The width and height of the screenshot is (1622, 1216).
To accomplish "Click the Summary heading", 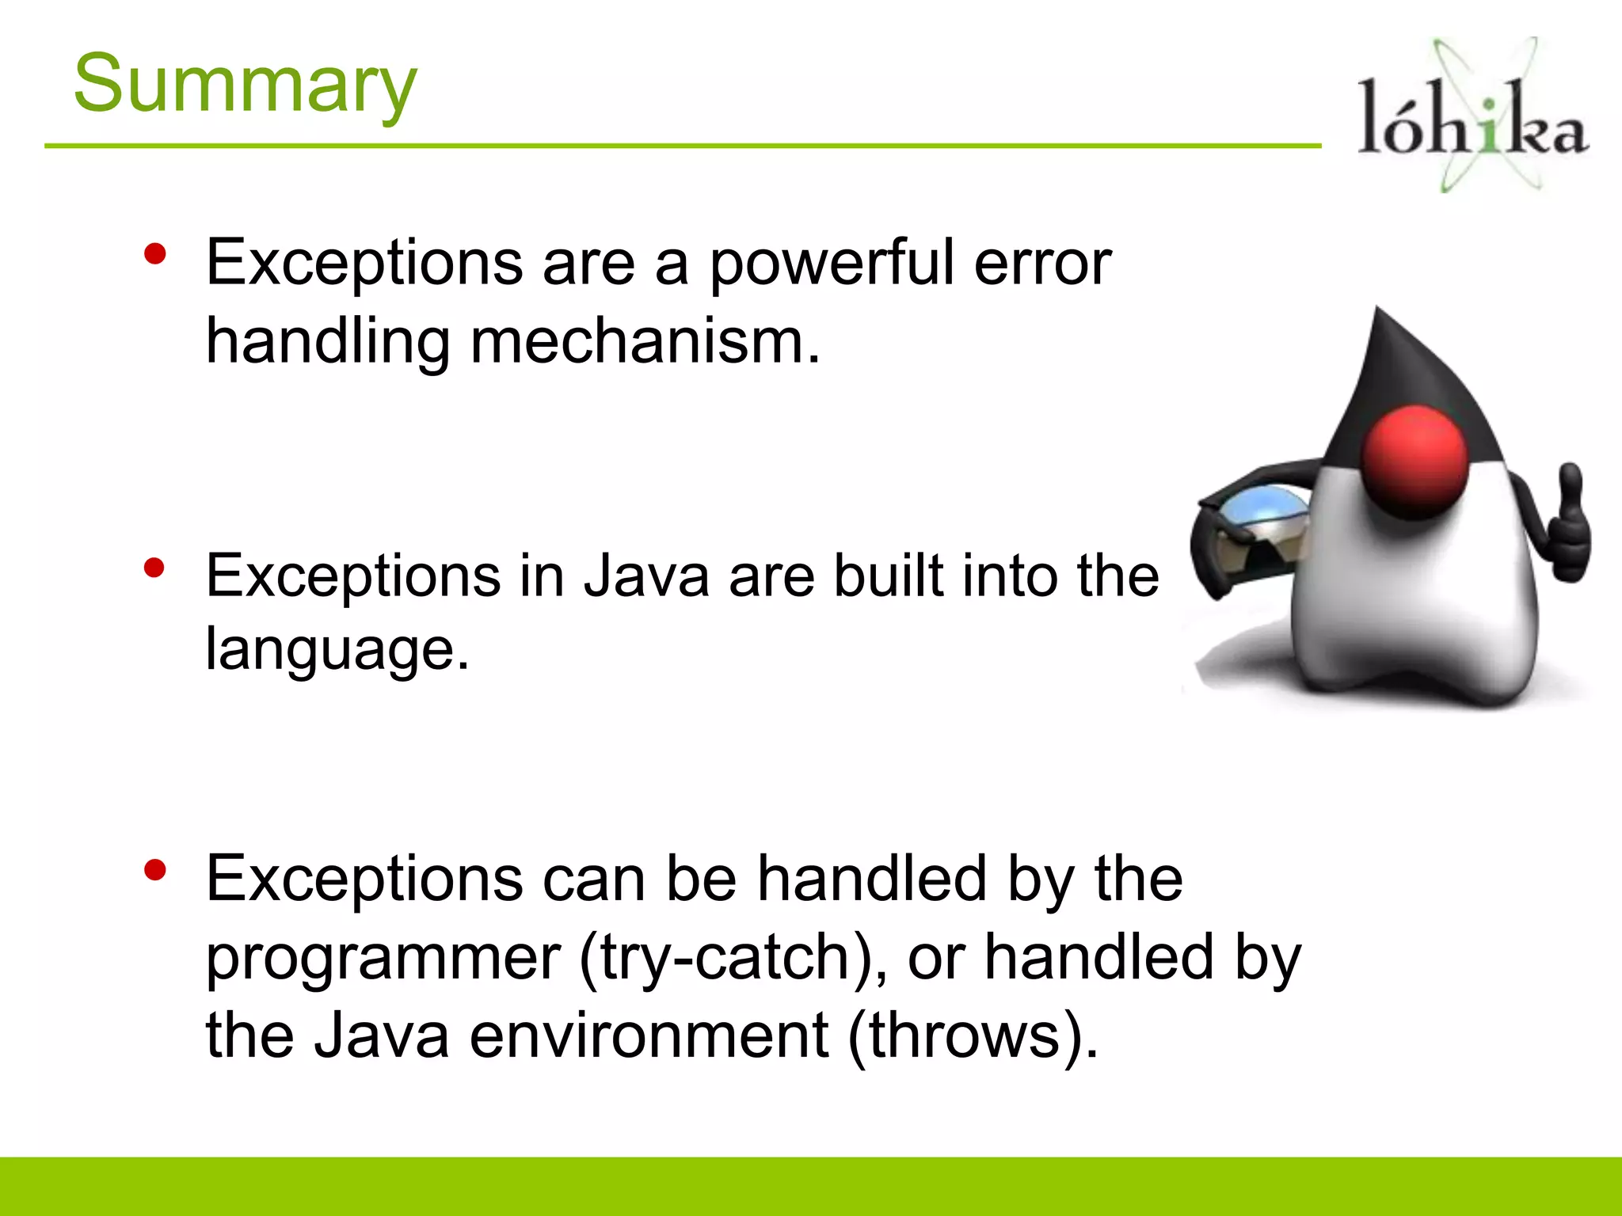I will coord(245,84).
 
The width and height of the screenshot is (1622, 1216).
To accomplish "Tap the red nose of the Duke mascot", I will coord(1415,462).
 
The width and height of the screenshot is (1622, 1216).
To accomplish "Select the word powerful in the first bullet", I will coord(831,264).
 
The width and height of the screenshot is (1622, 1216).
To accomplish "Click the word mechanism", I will coord(645,342).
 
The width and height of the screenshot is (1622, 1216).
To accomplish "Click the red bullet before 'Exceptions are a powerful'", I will coord(155,254).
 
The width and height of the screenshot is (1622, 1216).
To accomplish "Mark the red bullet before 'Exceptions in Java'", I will coord(154,568).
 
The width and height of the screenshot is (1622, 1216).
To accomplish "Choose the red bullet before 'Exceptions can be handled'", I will coord(155,870).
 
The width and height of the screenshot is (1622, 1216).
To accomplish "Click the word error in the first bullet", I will coord(1042,264).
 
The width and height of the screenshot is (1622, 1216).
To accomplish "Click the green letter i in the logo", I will coord(1490,127).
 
